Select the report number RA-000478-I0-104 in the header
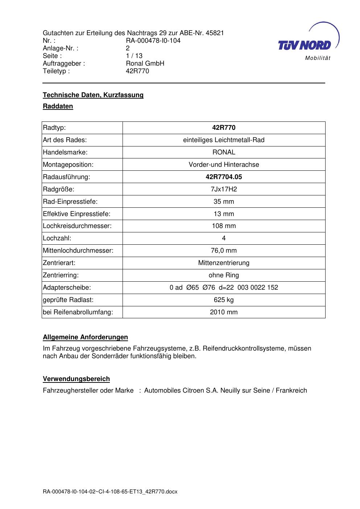[x=153, y=41]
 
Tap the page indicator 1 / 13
[x=134, y=56]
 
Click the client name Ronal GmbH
[x=145, y=63]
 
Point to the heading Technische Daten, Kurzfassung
[x=93, y=95]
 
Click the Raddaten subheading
[x=58, y=106]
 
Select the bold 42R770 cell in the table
[x=224, y=128]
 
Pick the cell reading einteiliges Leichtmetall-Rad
[x=224, y=140]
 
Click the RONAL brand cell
[x=224, y=152]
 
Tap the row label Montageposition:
[x=68, y=165]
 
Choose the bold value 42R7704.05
[x=224, y=177]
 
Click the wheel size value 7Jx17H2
[x=224, y=189]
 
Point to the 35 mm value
[x=224, y=202]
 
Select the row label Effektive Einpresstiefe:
[x=76, y=214]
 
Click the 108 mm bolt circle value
[x=224, y=226]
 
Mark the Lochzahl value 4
[x=224, y=238]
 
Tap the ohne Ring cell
[x=224, y=275]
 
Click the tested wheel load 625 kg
[x=224, y=300]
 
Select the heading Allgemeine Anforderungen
[x=85, y=337]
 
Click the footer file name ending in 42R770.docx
[x=110, y=492]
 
